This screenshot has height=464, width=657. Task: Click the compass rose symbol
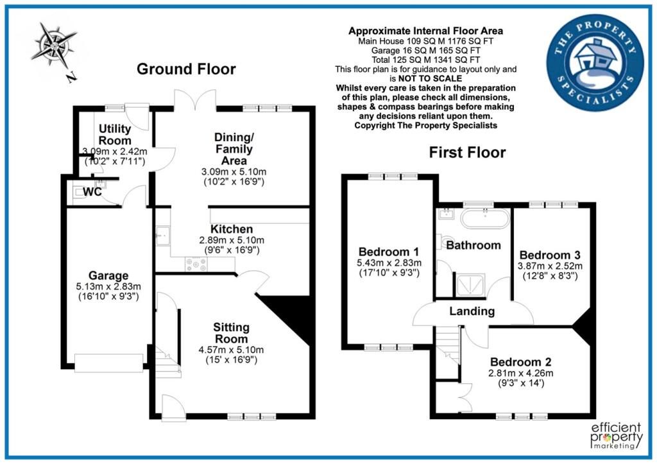click(x=54, y=46)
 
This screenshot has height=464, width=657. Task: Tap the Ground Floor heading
click(x=186, y=69)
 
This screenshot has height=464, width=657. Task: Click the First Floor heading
click(x=467, y=152)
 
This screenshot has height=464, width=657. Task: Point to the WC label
click(x=92, y=192)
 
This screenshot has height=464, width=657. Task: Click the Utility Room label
click(x=115, y=135)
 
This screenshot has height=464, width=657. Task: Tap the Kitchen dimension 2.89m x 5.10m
click(x=231, y=240)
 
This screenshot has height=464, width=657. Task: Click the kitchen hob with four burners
click(x=196, y=264)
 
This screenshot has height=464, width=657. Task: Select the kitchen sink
click(x=162, y=236)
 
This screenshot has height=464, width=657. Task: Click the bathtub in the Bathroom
click(x=485, y=218)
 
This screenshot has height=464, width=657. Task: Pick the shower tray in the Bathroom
click(x=470, y=285)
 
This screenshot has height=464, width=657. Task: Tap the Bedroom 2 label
click(x=520, y=362)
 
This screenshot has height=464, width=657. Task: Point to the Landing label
click(x=472, y=311)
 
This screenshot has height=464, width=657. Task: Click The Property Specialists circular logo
click(x=595, y=63)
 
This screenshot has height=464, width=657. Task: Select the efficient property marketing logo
click(x=616, y=436)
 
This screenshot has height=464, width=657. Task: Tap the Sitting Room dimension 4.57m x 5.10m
click(x=231, y=350)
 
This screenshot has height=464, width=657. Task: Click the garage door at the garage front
click(x=109, y=363)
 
